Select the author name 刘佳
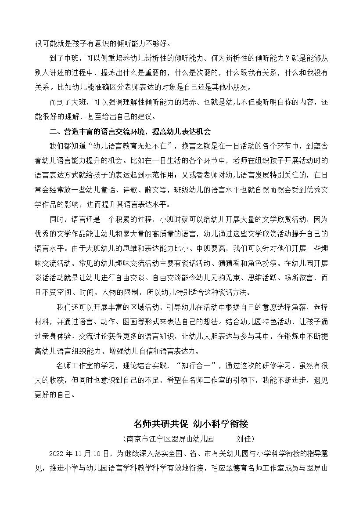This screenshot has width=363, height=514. tap(244, 439)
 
